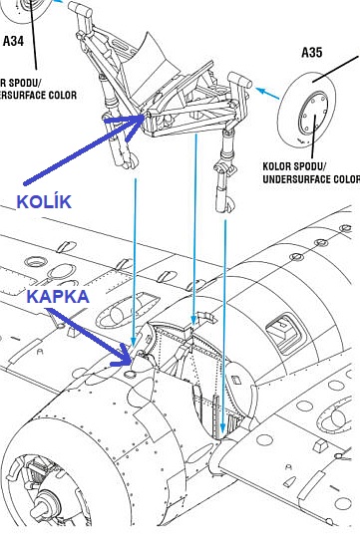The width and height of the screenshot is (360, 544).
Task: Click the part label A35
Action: pyautogui.click(x=312, y=53)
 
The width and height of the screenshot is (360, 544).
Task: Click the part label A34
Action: pyautogui.click(x=14, y=41)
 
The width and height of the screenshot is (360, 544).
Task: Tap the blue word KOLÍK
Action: pyautogui.click(x=44, y=201)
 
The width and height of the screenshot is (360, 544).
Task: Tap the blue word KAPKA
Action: pyautogui.click(x=58, y=297)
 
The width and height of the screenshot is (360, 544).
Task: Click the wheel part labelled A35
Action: pyautogui.click(x=307, y=110)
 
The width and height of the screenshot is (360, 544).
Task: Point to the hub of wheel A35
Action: pyautogui.click(x=313, y=114)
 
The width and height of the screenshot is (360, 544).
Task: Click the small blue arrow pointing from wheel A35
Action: pyautogui.click(x=267, y=93)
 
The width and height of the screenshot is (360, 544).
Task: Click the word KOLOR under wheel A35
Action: pyautogui.click(x=276, y=166)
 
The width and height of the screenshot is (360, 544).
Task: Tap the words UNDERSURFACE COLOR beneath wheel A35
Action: pyautogui.click(x=311, y=179)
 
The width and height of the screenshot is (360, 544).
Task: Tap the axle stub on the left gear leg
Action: pyautogui.click(x=80, y=9)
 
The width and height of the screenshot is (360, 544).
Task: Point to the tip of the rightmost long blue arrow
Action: pyautogui.click(x=222, y=432)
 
